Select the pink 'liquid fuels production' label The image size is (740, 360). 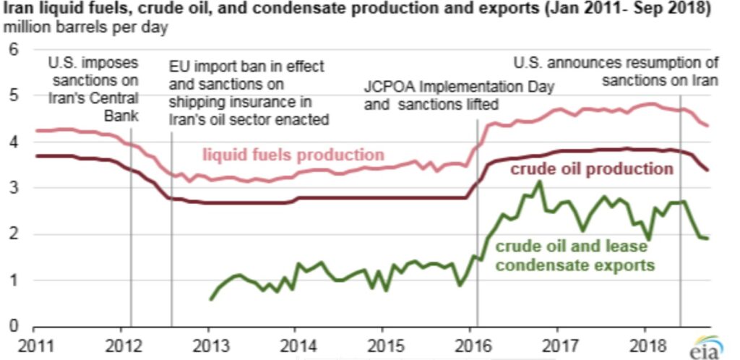tap(293, 155)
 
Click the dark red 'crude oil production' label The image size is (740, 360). tap(592, 169)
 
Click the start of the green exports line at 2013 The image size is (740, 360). tap(210, 299)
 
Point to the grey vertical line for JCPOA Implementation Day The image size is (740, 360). tap(478, 217)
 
